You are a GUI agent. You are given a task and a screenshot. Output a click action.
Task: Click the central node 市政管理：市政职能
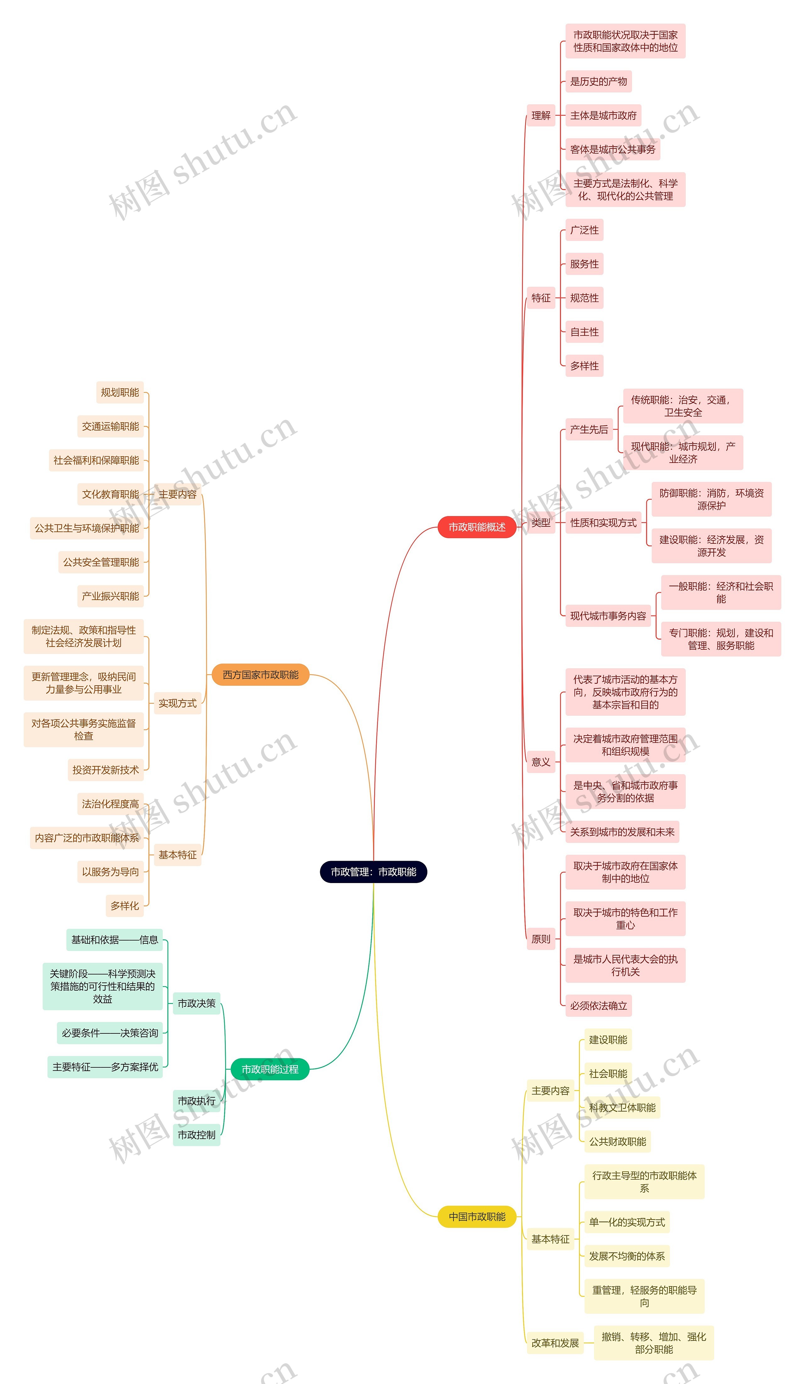coord(373,872)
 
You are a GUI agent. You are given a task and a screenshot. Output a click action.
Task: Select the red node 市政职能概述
coord(477,527)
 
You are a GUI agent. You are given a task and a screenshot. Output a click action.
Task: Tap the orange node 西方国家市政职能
coord(260,675)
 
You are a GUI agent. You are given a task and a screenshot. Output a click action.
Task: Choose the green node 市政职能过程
coord(269,1069)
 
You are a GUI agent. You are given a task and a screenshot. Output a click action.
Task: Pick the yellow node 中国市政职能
coord(477,1216)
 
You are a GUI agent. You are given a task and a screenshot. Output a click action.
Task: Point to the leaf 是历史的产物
coord(598,81)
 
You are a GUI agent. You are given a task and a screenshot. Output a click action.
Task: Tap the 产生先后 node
coord(589,430)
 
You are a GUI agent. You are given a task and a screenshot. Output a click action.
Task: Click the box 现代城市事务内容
coord(608,616)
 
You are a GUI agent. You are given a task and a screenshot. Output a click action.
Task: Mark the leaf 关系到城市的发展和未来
coord(622,832)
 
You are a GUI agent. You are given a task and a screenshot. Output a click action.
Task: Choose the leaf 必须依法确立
coord(598,1006)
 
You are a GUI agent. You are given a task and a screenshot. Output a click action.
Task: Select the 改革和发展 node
coord(555,1343)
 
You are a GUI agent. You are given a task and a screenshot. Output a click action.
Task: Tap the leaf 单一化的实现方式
coord(626,1222)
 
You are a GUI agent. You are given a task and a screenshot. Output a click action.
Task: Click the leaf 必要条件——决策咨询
coord(110,1033)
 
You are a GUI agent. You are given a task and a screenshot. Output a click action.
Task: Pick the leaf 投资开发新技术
coord(105,770)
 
